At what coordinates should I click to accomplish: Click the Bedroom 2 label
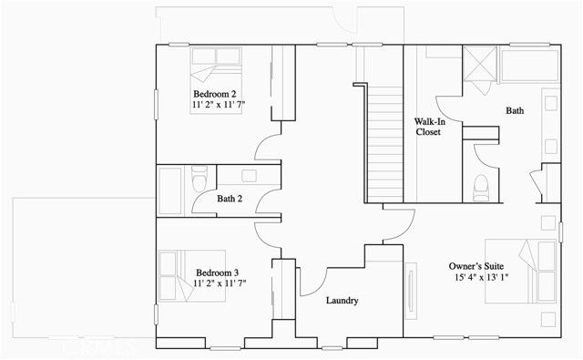click(215, 94)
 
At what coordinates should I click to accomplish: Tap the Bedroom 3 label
click(218, 272)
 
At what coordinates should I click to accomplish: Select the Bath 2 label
click(229, 199)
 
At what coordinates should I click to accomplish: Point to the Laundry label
click(341, 300)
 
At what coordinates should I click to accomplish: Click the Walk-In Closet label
click(428, 126)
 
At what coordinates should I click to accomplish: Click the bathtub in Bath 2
click(171, 190)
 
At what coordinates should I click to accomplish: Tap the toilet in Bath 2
click(200, 179)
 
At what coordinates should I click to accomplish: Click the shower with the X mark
click(480, 64)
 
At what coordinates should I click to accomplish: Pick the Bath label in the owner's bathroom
click(515, 110)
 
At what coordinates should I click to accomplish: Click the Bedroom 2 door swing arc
click(268, 150)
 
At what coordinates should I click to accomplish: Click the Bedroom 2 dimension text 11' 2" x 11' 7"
click(219, 106)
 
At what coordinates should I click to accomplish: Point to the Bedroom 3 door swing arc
click(270, 233)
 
